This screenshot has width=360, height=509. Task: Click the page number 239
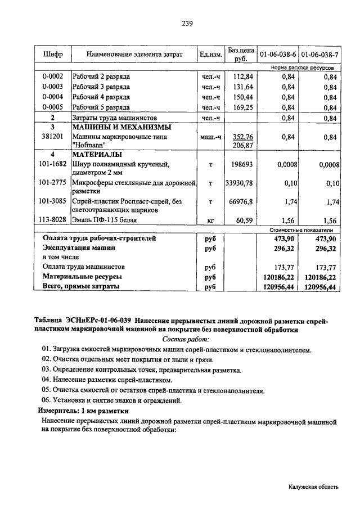click(x=187, y=24)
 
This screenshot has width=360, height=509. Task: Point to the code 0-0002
click(x=53, y=76)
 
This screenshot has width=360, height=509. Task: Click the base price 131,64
click(x=243, y=87)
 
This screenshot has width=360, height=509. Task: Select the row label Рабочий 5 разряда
click(x=101, y=107)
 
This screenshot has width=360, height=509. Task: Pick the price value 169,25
click(x=243, y=107)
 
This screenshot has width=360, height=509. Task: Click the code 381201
click(x=53, y=137)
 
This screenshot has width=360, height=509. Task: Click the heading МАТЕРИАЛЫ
click(x=97, y=154)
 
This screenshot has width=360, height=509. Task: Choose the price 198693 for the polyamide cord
click(x=243, y=164)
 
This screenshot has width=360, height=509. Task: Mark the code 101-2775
click(x=53, y=183)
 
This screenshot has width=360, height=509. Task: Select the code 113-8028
click(x=53, y=220)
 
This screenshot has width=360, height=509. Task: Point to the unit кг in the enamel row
click(x=210, y=220)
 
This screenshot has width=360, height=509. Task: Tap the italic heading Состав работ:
click(x=185, y=339)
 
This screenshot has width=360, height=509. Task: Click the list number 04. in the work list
click(x=47, y=380)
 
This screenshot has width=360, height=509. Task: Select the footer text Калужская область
click(x=312, y=488)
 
